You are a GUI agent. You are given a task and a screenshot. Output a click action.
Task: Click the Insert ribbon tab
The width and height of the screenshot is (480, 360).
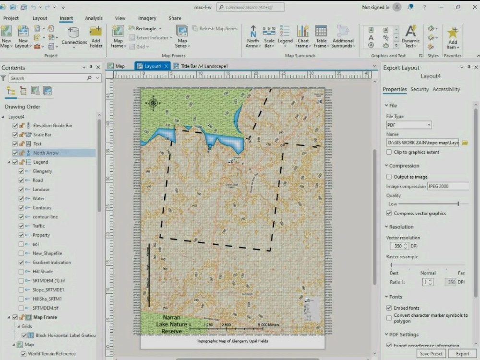pos(66,18)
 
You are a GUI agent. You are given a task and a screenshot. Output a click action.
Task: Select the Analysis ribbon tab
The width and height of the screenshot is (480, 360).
pos(94,18)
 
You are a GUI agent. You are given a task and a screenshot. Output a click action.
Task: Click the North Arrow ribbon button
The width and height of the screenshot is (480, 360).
pos(252,36)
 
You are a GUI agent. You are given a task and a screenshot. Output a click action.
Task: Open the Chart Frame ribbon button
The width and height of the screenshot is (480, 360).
pos(302,36)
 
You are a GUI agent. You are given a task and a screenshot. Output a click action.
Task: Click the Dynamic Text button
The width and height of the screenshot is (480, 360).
pos(410,36)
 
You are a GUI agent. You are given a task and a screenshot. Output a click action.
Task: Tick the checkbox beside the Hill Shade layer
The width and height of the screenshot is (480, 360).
pos(21,272)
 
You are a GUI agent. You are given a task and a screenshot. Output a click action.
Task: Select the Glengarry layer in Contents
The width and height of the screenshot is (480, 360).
pos(42,171)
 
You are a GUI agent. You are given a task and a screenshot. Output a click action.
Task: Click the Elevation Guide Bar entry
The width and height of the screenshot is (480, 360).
pos(53,126)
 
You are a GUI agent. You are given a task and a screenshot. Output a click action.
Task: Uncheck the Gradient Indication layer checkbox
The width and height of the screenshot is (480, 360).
pos(21,263)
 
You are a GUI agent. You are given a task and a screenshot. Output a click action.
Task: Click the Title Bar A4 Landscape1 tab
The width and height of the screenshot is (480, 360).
pos(204,66)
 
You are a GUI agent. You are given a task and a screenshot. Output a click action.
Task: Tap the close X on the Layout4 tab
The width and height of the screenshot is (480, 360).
pos(166,66)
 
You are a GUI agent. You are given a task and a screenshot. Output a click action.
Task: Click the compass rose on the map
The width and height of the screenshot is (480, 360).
pos(154,103)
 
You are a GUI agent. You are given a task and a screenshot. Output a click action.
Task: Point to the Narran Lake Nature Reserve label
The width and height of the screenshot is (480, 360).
pos(171,324)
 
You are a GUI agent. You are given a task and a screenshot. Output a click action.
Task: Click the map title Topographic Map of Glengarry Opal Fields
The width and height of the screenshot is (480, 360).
pos(232,341)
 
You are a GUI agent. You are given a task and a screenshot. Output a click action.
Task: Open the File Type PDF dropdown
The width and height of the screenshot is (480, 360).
pos(408,125)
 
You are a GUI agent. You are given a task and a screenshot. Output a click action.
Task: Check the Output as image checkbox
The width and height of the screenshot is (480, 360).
pos(389,177)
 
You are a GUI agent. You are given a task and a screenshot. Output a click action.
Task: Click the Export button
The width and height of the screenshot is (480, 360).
pos(462,354)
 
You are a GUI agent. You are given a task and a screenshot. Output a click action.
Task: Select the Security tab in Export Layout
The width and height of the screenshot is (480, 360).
pos(420,89)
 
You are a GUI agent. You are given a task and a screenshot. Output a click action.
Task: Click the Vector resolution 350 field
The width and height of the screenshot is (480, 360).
pos(396,246)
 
